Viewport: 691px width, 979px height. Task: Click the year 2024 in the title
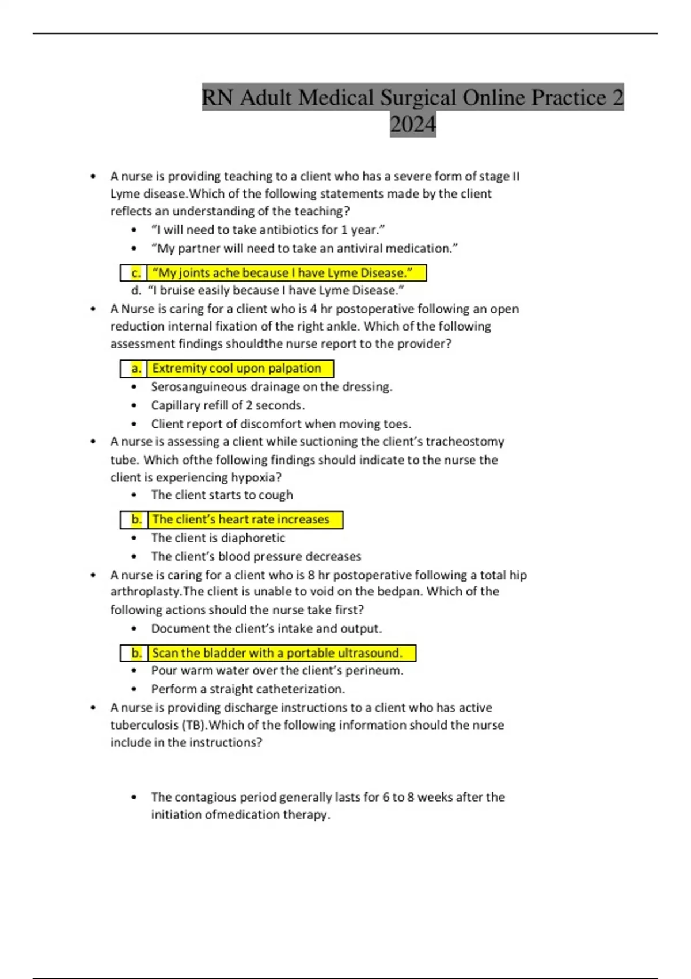tap(413, 124)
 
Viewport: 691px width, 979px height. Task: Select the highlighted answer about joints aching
tap(282, 272)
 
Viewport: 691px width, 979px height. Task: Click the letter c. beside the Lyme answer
tap(136, 272)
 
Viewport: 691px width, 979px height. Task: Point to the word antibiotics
tap(290, 230)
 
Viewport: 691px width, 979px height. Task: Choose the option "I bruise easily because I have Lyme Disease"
tap(276, 290)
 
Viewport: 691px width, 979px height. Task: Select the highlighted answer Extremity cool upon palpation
tap(236, 368)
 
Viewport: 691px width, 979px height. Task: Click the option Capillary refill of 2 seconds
tap(227, 405)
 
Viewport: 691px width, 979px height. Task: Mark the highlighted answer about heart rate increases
tap(241, 519)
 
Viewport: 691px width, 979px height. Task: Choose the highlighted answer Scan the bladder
tap(276, 653)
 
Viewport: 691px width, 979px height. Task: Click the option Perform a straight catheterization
tap(248, 689)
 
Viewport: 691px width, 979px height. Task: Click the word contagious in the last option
tap(205, 797)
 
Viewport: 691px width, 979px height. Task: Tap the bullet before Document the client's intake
tap(134, 629)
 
